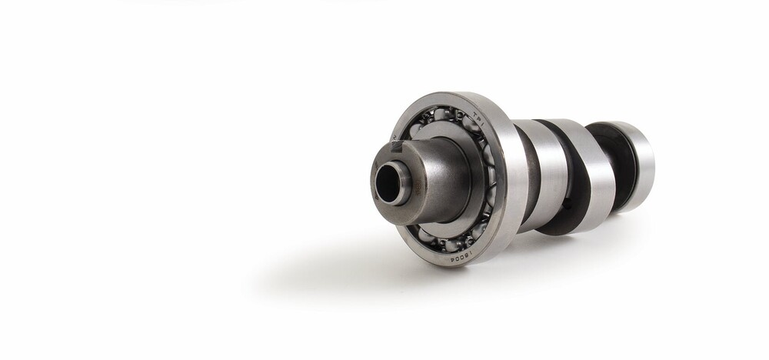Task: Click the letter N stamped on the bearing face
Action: (394, 139)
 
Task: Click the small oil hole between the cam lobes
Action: (567, 205)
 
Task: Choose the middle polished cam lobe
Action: (592, 177)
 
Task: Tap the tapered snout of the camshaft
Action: (438, 177)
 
